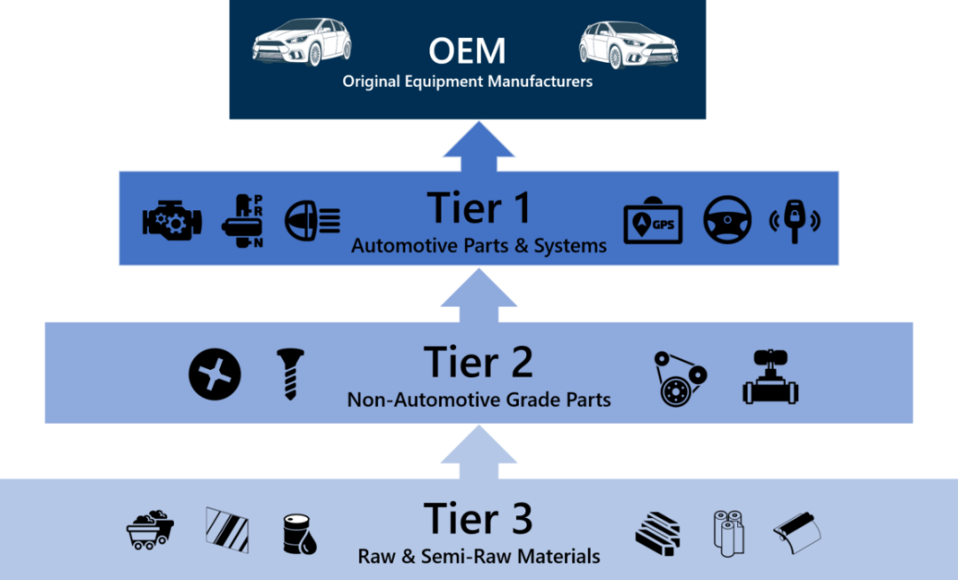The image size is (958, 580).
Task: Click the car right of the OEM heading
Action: pyautogui.click(x=629, y=43)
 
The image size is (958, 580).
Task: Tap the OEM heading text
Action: pyautogui.click(x=467, y=51)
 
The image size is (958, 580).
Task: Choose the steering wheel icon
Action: pyautogui.click(x=727, y=220)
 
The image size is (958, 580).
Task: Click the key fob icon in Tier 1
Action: pyautogui.click(x=795, y=221)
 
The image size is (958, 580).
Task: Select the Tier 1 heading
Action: pyautogui.click(x=479, y=208)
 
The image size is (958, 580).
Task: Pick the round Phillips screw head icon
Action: pyautogui.click(x=215, y=373)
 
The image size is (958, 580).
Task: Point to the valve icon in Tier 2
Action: pyautogui.click(x=769, y=377)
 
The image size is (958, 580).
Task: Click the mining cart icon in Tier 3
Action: pyautogui.click(x=150, y=529)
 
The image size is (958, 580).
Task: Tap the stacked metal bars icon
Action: pyautogui.click(x=657, y=531)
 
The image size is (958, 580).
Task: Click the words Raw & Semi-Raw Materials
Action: pyautogui.click(x=479, y=557)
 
